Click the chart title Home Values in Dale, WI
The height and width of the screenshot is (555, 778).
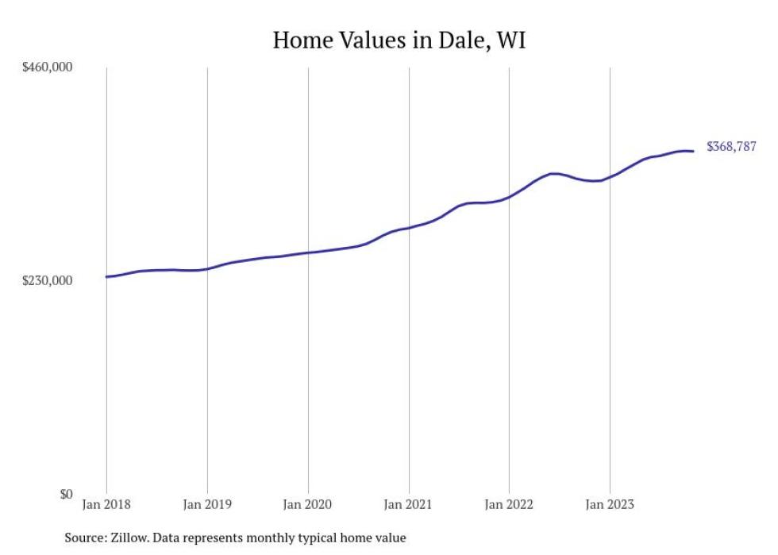click(399, 40)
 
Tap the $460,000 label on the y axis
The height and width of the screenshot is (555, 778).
click(47, 67)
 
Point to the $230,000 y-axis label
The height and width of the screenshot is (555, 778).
click(47, 280)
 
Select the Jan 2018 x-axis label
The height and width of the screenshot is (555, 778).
click(106, 503)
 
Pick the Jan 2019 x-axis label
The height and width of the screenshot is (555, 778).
click(207, 503)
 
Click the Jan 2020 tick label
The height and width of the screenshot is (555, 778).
click(308, 503)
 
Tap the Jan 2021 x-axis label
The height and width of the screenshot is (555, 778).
click(409, 503)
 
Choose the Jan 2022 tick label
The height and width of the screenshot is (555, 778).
click(509, 503)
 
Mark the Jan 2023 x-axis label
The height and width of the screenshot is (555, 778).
click(610, 503)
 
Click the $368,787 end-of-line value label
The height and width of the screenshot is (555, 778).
click(731, 147)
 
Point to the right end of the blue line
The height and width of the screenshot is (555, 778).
click(694, 151)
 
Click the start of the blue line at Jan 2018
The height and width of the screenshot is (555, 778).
click(107, 276)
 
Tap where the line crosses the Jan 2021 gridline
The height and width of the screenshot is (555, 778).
click(409, 228)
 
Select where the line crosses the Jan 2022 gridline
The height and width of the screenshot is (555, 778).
click(509, 196)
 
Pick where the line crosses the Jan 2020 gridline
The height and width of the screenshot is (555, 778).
click(308, 252)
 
